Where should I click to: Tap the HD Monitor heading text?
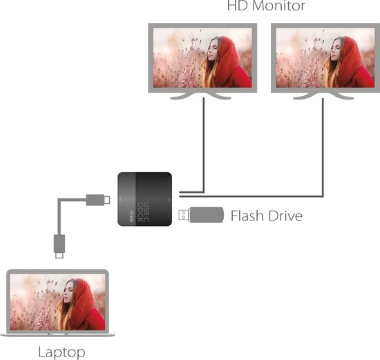[266, 7]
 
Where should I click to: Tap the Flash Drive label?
[267, 216]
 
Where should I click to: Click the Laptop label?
[61, 352]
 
